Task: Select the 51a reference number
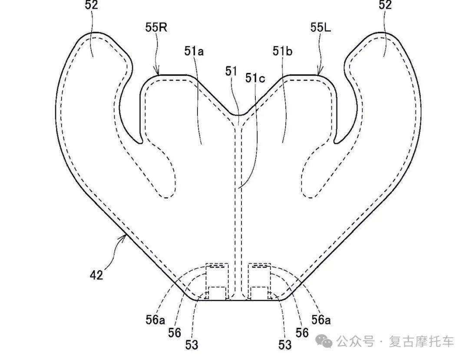tap(194, 52)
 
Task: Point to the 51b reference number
tap(282, 52)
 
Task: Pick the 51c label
tap(255, 78)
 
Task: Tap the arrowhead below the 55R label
tap(159, 74)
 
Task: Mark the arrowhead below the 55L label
tap(318, 74)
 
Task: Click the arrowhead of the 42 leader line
tap(126, 235)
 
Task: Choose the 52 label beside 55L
tap(385, 5)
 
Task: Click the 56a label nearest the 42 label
tap(155, 320)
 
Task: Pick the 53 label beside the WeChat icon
tap(285, 345)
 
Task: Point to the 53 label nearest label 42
tap(192, 345)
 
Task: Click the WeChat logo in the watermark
tap(325, 341)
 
